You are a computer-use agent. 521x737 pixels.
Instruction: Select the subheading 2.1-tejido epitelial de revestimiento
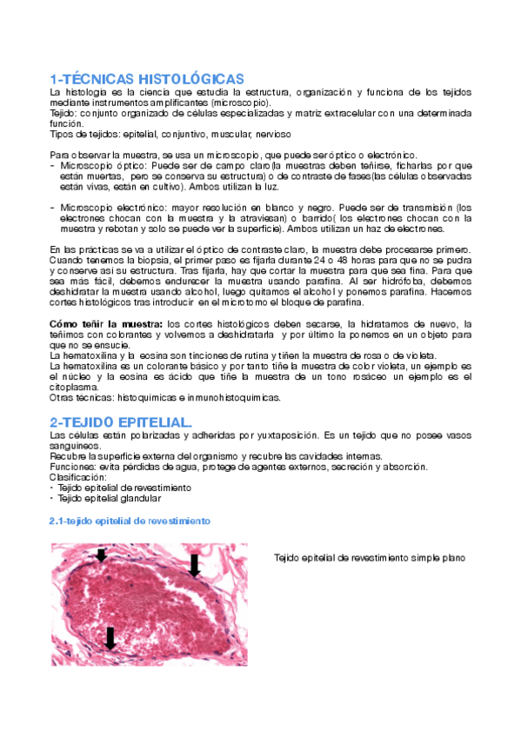[129, 521]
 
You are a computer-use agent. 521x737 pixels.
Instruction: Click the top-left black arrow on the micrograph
[102, 555]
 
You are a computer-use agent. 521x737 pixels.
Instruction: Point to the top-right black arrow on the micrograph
[194, 564]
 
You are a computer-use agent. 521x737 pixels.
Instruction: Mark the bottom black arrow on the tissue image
[110, 638]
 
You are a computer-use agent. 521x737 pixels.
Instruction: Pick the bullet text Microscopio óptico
[92, 165]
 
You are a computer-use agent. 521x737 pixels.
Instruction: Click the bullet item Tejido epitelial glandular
[110, 499]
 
